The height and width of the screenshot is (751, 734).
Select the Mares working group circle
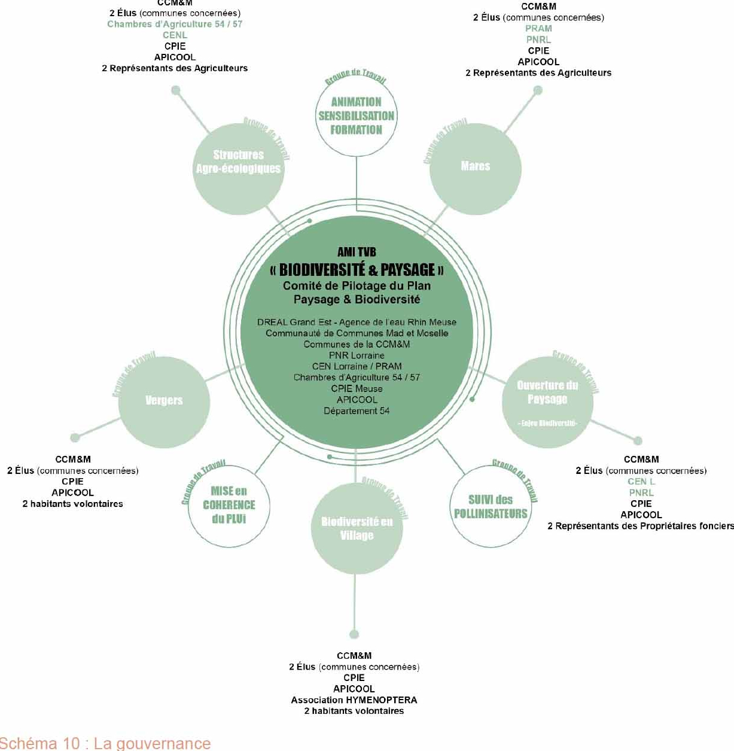[476, 168]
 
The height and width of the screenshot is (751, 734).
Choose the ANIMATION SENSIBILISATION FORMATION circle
[356, 116]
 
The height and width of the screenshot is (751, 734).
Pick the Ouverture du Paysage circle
[547, 402]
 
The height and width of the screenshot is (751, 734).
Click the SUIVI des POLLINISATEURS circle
[491, 507]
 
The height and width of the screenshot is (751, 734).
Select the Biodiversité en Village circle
[357, 528]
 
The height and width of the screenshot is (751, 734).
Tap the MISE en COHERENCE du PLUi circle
[229, 506]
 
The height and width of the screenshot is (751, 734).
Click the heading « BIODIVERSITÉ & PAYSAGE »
[357, 269]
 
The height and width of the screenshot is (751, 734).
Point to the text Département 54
[357, 411]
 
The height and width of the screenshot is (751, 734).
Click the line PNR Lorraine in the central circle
[357, 355]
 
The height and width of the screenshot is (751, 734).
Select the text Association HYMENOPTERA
[354, 700]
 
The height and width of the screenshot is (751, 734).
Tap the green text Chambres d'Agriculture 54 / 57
[175, 24]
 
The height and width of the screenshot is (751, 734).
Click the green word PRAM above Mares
[538, 29]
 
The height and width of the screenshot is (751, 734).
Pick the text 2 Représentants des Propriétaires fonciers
[641, 526]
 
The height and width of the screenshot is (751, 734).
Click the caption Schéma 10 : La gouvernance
[105, 743]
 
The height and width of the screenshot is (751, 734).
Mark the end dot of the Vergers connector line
[75, 437]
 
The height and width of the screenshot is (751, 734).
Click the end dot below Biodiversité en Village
[354, 634]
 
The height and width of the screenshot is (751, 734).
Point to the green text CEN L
[641, 481]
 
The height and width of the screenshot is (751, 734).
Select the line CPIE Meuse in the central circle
[357, 388]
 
